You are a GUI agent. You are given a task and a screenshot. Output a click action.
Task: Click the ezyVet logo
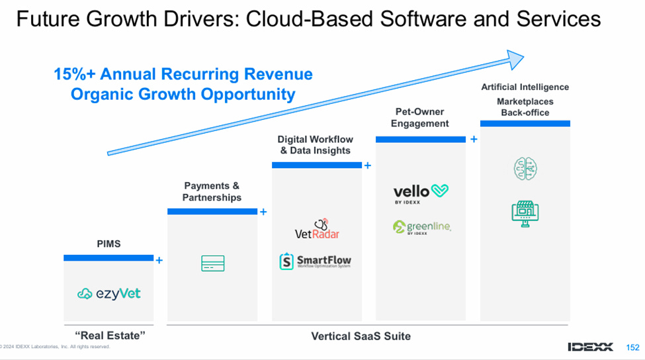[109, 293]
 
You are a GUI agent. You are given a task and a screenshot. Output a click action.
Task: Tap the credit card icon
[212, 263]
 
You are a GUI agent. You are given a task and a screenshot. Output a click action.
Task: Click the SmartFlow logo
[315, 261]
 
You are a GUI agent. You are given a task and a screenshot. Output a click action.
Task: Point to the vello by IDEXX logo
[421, 193]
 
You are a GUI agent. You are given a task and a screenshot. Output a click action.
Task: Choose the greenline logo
[421, 228]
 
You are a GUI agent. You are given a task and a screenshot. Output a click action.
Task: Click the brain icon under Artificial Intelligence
[525, 169]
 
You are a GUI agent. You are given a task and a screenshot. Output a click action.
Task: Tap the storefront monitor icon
[525, 212]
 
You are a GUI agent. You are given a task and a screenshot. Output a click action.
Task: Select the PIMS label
[108, 244]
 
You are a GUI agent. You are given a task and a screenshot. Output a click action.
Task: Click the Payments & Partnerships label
[212, 192]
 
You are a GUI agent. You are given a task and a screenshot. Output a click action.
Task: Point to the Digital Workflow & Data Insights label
[315, 145]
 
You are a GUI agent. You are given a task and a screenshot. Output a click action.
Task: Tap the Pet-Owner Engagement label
[419, 118]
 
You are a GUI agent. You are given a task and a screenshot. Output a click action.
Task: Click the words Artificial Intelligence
[525, 87]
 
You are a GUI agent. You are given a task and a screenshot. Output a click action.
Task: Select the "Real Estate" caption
[108, 336]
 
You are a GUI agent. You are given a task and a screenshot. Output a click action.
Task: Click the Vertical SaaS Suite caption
[361, 336]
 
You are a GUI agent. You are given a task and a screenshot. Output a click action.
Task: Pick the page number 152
[632, 347]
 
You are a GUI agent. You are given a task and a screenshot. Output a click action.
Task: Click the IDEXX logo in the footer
[590, 347]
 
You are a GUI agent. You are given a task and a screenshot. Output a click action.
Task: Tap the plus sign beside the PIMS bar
[159, 261]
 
